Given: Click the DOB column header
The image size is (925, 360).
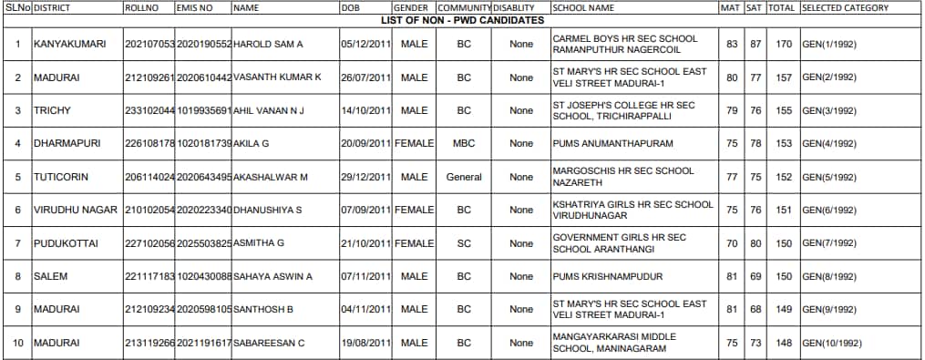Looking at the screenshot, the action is (x=350, y=7).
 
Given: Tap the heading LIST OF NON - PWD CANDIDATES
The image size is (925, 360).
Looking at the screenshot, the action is (x=462, y=20).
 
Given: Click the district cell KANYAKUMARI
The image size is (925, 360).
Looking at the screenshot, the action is (x=67, y=45).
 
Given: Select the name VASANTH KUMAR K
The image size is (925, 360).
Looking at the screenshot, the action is (x=277, y=77).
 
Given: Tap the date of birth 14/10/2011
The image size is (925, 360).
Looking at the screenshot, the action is (x=365, y=110).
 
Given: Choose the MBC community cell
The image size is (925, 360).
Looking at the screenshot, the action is (x=464, y=144).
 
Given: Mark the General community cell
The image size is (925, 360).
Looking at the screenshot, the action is (x=464, y=177).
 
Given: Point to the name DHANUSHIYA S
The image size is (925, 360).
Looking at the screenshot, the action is (x=267, y=210).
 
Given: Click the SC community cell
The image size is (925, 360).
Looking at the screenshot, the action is (x=464, y=243).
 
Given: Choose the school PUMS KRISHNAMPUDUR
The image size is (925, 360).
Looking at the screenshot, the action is (x=607, y=276).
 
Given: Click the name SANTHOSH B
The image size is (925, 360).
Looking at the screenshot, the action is (x=263, y=309).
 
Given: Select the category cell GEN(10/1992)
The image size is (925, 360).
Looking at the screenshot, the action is (x=831, y=343).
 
